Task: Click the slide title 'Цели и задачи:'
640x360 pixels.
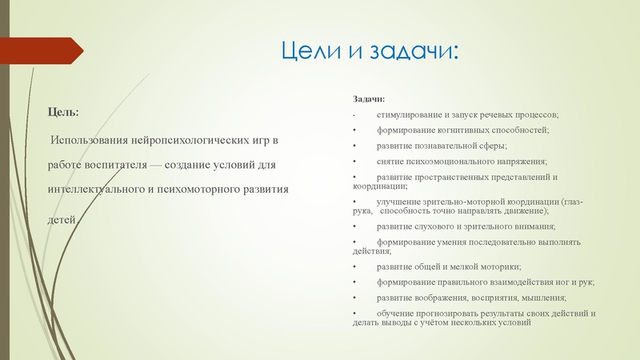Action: (370, 53)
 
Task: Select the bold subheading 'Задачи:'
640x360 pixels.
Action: (369, 100)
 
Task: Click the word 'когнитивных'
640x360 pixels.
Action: (458, 130)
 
